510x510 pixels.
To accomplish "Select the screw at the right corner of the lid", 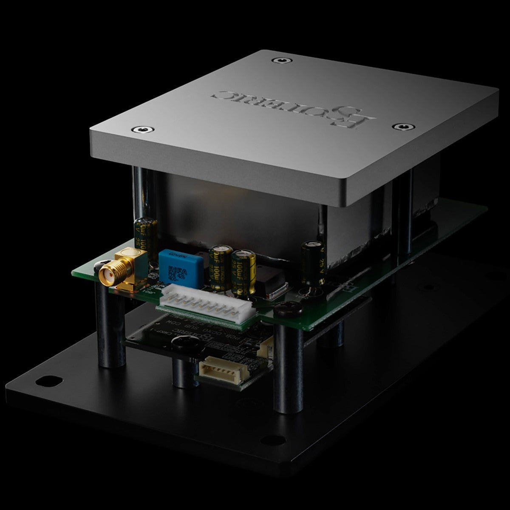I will [400, 127].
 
